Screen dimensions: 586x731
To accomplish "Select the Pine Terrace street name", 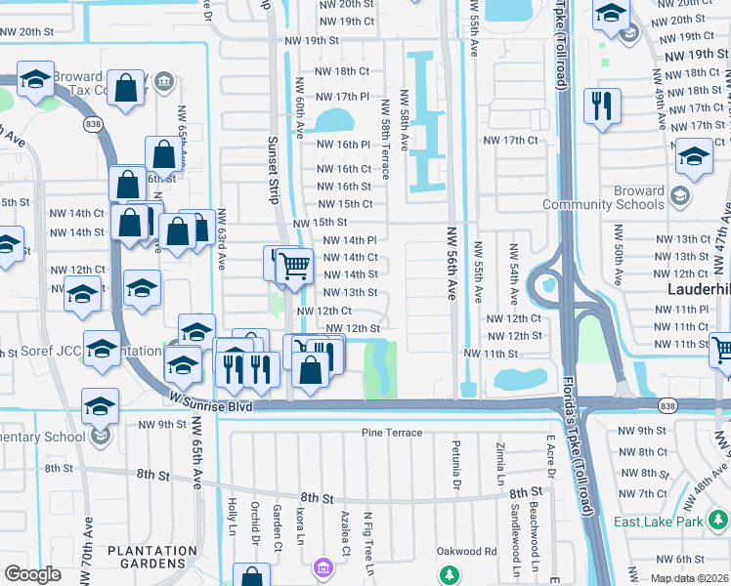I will (x=391, y=433).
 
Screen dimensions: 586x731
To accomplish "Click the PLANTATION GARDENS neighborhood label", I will (x=151, y=558).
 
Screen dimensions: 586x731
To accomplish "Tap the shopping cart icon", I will (x=294, y=265).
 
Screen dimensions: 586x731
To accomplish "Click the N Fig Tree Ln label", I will (x=368, y=535).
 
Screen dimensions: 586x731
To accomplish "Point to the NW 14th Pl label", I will (x=349, y=240).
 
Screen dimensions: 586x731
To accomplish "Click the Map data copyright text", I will (x=688, y=578).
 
